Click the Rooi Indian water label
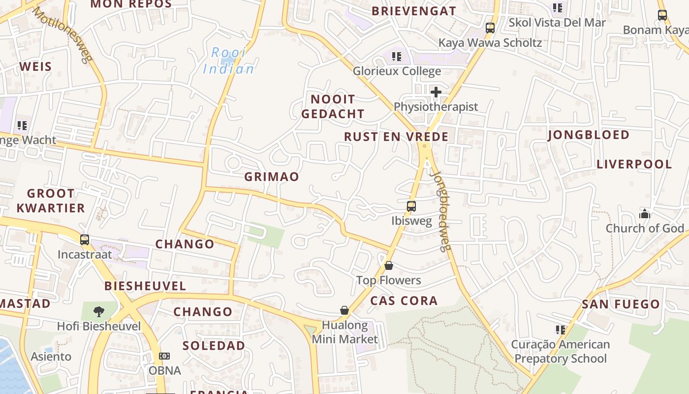[x=229, y=61]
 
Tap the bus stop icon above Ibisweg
[x=411, y=206]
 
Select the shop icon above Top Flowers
[x=389, y=265]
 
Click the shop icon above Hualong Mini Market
[x=344, y=310]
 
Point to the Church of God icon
[x=644, y=214]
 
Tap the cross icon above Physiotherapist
[x=436, y=92]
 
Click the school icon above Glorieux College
[x=397, y=57]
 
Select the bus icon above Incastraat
[x=85, y=240]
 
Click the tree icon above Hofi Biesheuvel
[x=99, y=311]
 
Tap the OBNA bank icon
[x=164, y=356]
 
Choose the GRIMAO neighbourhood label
[x=272, y=177]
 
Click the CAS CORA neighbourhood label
[x=404, y=300]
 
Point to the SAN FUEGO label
[x=621, y=304]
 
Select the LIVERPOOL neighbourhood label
[x=634, y=164]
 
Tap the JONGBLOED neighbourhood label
[x=588, y=135]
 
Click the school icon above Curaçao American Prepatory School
[x=560, y=329]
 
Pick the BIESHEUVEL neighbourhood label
[x=145, y=286]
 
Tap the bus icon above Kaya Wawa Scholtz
[x=490, y=28]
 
